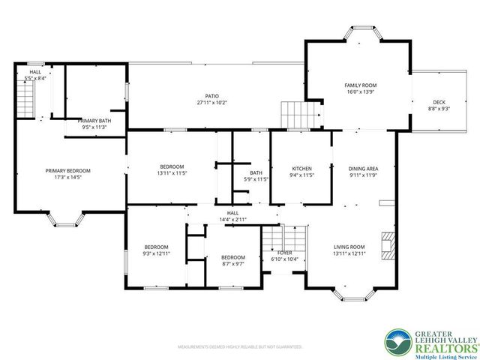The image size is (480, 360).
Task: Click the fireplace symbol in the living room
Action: [386, 245]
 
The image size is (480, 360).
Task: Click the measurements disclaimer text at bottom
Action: [239, 347]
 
